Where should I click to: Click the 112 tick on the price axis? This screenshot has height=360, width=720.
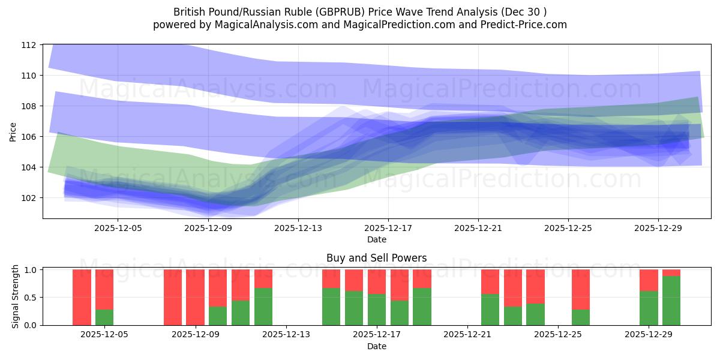point(29,45)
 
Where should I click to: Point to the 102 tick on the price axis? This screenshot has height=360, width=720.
point(29,197)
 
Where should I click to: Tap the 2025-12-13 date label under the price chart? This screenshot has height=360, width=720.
point(298,228)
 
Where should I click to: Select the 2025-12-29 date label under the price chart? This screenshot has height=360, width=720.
point(658,228)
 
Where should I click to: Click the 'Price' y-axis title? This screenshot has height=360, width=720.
point(13,131)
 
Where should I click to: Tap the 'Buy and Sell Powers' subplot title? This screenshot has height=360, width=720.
point(376,258)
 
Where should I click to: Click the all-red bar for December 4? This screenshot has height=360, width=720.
point(82,297)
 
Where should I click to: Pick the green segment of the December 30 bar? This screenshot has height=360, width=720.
point(671,301)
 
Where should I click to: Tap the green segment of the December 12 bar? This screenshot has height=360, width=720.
point(263,307)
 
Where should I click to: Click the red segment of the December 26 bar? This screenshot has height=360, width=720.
point(581,289)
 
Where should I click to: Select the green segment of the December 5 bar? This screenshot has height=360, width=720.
point(104,317)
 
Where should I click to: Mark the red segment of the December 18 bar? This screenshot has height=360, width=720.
point(422,278)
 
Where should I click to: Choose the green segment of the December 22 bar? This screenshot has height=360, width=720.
point(490,310)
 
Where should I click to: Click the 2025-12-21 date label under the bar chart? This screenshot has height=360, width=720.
point(467,335)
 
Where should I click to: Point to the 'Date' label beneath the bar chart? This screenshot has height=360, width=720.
point(376,346)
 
